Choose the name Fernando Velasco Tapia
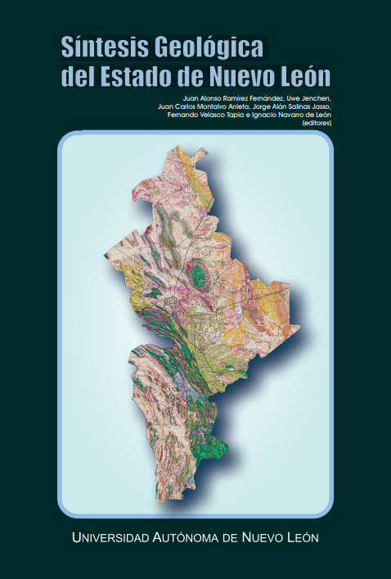point(203,115)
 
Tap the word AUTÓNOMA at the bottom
point(191,538)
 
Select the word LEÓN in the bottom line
point(299,538)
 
